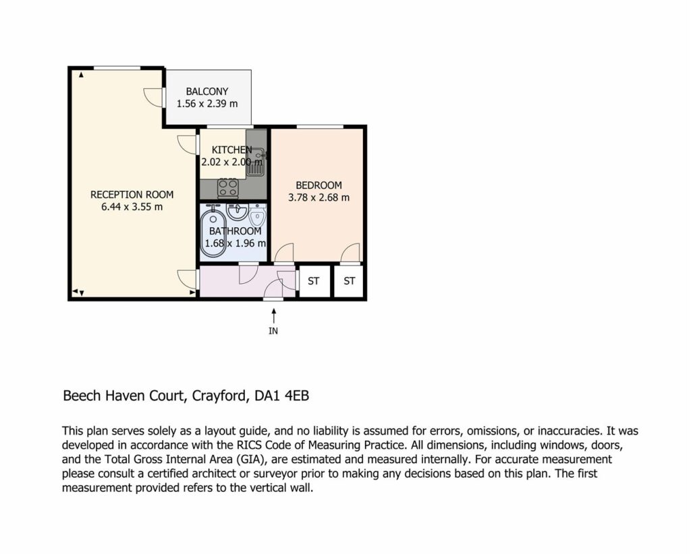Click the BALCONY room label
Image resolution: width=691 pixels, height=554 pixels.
(207, 92)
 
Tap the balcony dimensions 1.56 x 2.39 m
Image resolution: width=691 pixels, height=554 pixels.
(207, 104)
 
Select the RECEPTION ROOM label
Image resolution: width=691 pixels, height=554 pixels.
(132, 195)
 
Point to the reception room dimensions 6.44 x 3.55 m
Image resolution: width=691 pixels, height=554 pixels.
(132, 207)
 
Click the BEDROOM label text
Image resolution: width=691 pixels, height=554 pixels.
(319, 185)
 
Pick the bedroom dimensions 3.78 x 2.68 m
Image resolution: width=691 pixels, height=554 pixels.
(319, 197)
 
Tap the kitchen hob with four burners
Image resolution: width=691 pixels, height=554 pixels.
(228, 188)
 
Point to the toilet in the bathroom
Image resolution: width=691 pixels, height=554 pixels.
(258, 216)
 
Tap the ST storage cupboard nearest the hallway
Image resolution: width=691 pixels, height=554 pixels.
(314, 281)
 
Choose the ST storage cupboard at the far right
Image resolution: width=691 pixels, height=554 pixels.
(349, 281)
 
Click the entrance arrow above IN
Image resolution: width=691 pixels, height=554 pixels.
(274, 316)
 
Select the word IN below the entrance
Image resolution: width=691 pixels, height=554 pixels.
(273, 331)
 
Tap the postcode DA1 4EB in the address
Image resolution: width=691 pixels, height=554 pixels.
(282, 396)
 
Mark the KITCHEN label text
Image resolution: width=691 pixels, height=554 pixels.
(232, 150)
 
